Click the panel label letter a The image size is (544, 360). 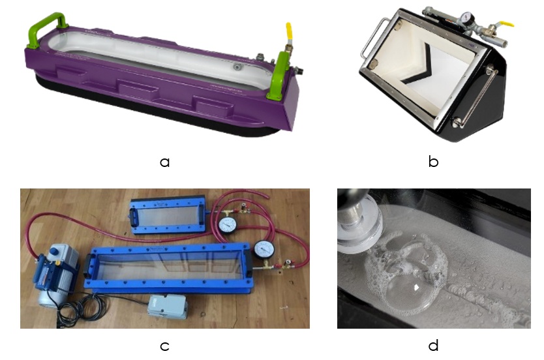coord(165,162)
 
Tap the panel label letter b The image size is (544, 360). coord(433,160)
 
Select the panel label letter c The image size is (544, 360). coord(164,346)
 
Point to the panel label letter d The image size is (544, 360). coord(433,344)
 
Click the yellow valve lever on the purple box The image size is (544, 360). coord(289,31)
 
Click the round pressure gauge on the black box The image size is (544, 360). coord(467,17)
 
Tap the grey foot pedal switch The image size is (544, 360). coord(167,307)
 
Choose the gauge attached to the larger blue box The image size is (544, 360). coord(264,250)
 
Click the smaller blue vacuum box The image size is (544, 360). coord(167,215)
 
